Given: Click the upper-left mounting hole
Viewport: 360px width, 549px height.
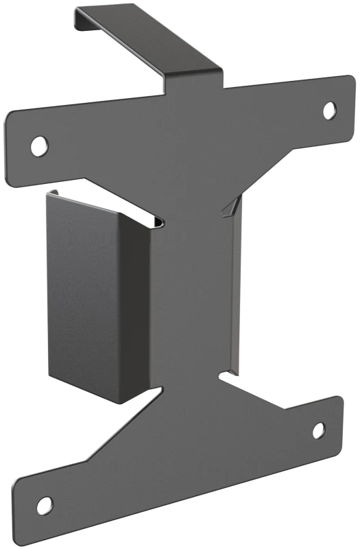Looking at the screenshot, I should pos(40,144).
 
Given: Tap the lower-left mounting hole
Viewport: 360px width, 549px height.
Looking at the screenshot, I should pos(44,506).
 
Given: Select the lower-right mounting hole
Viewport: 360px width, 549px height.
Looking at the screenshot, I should pos(319,430).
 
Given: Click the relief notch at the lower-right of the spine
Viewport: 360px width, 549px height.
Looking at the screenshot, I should pos(227,375).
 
